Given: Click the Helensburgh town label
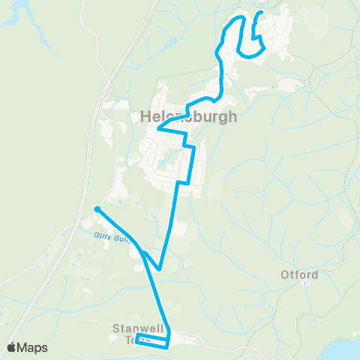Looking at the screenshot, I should pyautogui.click(x=188, y=116).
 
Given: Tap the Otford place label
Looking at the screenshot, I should pyautogui.click(x=300, y=274).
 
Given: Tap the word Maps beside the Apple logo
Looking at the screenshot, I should pyautogui.click(x=34, y=347).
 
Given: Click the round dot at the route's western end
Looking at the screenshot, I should pyautogui.click(x=97, y=209).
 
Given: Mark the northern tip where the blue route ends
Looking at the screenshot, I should pyautogui.click(x=260, y=13).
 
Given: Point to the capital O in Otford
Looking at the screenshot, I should pyautogui.click(x=286, y=274).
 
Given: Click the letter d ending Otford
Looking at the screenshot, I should pyautogui.click(x=315, y=274).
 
